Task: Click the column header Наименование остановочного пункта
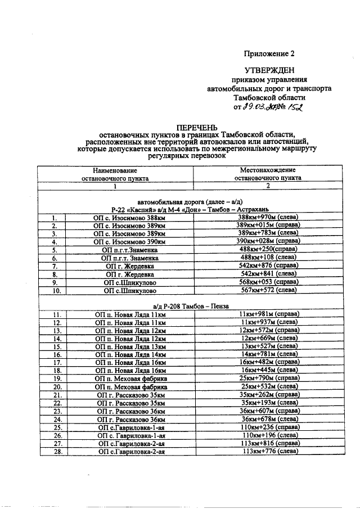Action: tap(114, 173)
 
